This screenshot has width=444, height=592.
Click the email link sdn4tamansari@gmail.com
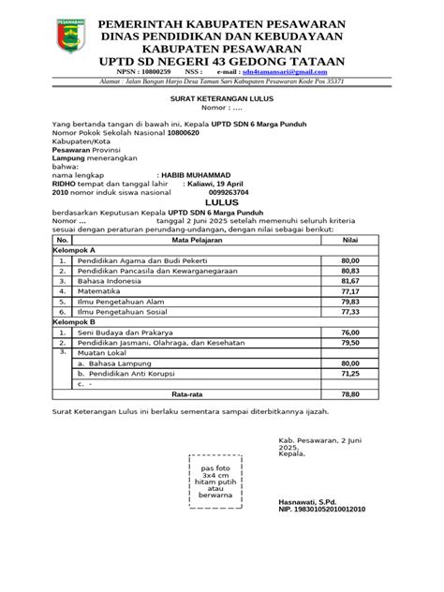tap(290, 71)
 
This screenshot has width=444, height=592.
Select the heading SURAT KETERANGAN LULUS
tap(221, 97)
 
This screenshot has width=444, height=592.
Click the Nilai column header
tap(350, 241)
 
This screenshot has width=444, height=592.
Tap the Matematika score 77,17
tap(350, 291)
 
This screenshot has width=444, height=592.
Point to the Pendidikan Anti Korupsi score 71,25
tap(350, 373)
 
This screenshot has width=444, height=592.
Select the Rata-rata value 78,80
tap(350, 394)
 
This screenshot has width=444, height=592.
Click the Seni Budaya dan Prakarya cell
tap(125, 332)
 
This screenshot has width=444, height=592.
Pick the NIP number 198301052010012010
tap(322, 510)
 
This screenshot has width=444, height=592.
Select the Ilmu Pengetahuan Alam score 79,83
tap(350, 302)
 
